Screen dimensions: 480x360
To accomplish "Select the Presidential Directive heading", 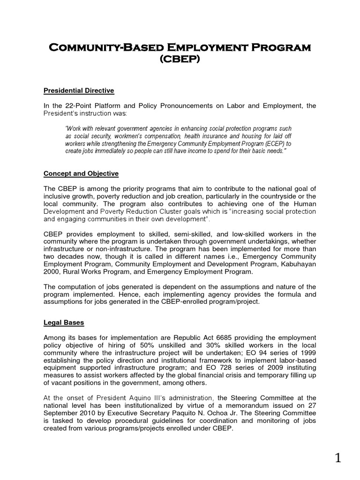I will pyautogui.click(x=79, y=90).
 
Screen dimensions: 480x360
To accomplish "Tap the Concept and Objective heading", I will pyautogui.click(x=81, y=173).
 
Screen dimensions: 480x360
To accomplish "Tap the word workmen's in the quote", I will pyautogui.click(x=134, y=136).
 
